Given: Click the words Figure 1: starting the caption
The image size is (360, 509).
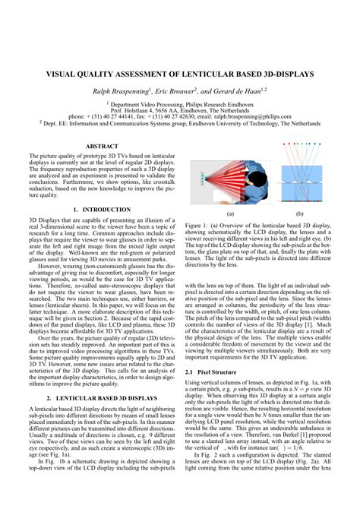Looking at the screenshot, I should click(200, 226).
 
